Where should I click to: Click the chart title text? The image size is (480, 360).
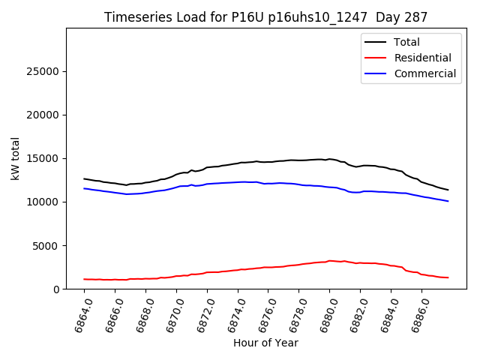click(x=266, y=17)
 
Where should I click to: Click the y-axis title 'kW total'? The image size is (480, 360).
click(x=16, y=158)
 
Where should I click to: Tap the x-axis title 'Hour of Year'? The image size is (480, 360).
click(x=265, y=343)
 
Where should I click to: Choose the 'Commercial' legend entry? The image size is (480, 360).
click(x=424, y=73)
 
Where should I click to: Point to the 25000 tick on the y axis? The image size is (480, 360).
click(x=44, y=71)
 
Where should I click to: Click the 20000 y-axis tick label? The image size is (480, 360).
click(x=44, y=115)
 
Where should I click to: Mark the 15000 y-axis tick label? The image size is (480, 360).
click(x=44, y=158)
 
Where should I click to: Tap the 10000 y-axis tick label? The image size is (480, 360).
click(x=44, y=202)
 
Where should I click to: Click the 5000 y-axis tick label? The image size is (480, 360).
click(x=47, y=245)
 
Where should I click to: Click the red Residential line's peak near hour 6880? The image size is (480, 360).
click(x=329, y=260)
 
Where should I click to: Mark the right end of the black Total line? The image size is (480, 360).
click(x=448, y=190)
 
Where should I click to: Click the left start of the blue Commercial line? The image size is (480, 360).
click(x=84, y=188)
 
